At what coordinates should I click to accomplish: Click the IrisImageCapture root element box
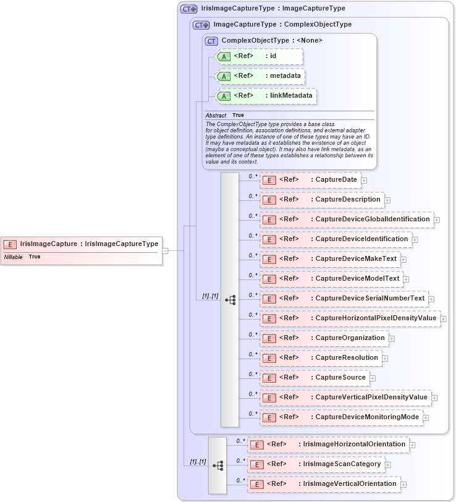pyautogui.click(x=82, y=244)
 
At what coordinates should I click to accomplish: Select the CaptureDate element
pyautogui.click(x=310, y=180)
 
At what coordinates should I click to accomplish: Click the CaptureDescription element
pyautogui.click(x=321, y=200)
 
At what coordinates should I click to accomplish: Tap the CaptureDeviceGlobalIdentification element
pyautogui.click(x=346, y=219)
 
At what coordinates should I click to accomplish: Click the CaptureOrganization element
pyautogui.click(x=324, y=338)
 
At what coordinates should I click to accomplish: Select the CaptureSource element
pyautogui.click(x=315, y=377)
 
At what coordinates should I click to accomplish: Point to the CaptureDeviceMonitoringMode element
pyautogui.click(x=341, y=417)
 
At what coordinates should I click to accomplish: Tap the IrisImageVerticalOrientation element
pyautogui.click(x=323, y=483)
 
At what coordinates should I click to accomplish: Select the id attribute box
pyautogui.click(x=258, y=56)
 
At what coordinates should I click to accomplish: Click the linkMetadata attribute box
pyautogui.click(x=265, y=96)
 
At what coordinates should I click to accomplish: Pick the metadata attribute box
pyautogui.click(x=260, y=76)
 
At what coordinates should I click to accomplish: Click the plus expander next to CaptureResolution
pyautogui.click(x=385, y=358)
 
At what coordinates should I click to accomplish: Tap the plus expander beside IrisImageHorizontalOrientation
pyautogui.click(x=412, y=445)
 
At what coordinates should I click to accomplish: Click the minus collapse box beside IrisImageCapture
pyautogui.click(x=165, y=251)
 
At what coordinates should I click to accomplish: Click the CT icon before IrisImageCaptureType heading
pyautogui.click(x=188, y=9)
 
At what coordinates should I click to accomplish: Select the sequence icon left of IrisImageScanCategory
pyautogui.click(x=217, y=465)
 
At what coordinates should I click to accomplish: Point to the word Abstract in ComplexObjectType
pyautogui.click(x=216, y=116)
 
